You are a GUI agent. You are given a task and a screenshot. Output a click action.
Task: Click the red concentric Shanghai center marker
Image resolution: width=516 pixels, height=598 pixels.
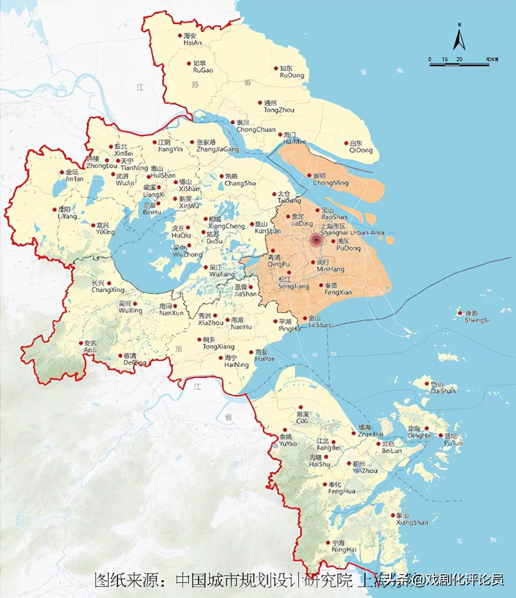[x=316, y=240]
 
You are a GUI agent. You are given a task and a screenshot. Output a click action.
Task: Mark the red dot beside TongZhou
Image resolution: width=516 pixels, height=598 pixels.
[x=260, y=103]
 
